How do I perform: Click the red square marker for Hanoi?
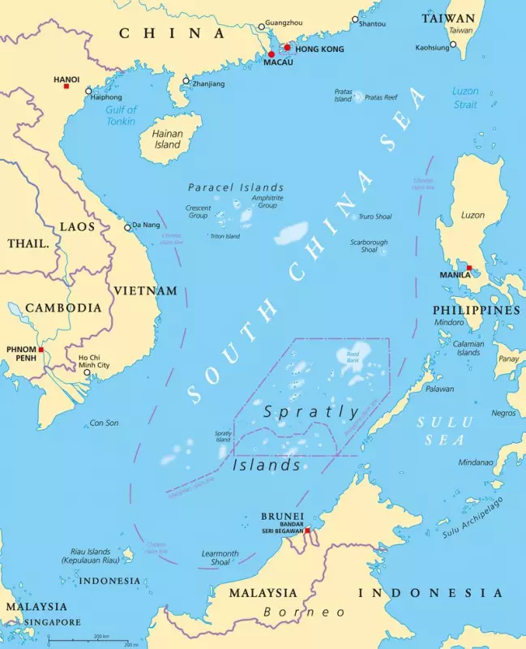(66, 86)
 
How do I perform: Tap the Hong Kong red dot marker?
(287, 47)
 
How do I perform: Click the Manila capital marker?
(469, 267)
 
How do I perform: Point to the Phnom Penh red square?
(41, 350)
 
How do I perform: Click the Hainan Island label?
(168, 139)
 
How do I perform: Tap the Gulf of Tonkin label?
(122, 115)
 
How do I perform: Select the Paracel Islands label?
(236, 187)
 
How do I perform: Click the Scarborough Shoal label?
(369, 246)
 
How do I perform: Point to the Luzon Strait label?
(465, 97)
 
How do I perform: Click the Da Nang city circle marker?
(127, 227)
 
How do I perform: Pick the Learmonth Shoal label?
(220, 559)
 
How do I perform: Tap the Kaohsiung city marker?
(453, 45)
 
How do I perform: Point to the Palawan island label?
(440, 389)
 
